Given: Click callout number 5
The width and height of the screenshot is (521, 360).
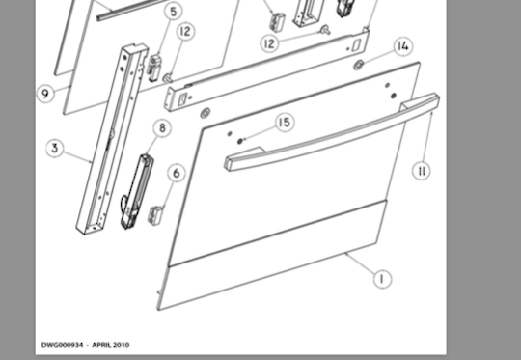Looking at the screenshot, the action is (173, 12).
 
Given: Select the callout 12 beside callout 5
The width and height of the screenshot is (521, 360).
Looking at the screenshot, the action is (185, 32).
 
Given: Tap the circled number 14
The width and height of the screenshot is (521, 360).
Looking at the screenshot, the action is (403, 46).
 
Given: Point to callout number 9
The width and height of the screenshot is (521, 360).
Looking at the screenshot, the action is (45, 94).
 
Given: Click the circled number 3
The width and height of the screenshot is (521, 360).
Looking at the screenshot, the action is (55, 149).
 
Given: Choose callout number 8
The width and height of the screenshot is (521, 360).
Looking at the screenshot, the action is (162, 128).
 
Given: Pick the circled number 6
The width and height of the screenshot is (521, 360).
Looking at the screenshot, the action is (177, 173).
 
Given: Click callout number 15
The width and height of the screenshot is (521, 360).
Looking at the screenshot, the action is (285, 123).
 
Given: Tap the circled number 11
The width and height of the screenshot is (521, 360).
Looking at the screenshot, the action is (422, 171).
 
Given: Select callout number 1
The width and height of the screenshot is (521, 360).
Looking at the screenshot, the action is (382, 279).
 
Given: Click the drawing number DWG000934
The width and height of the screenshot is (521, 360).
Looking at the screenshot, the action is (62, 345).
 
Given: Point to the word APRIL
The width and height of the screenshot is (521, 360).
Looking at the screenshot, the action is (101, 345).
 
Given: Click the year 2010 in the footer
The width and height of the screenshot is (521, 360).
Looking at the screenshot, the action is (121, 345).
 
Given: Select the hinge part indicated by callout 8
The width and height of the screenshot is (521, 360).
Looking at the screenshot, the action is (137, 192).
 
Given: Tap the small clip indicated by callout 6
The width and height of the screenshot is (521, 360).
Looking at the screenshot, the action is (155, 214).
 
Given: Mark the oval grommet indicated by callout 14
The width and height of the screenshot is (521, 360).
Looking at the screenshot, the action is (358, 66).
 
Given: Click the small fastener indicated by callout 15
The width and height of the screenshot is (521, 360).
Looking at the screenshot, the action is (239, 141).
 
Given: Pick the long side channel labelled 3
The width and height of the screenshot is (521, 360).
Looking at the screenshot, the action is (111, 139).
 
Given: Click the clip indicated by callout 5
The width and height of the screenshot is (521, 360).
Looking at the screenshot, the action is (154, 69).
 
